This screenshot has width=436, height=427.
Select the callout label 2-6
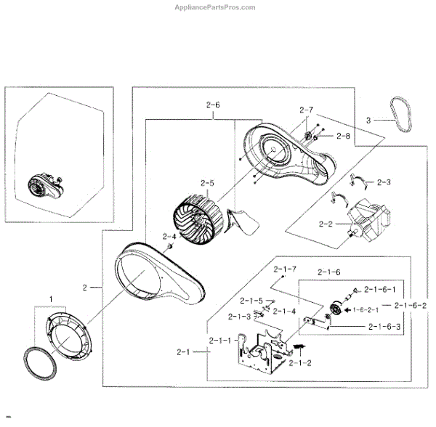(213, 105)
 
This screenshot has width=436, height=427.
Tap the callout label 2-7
(306, 110)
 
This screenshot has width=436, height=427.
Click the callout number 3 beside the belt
(368, 120)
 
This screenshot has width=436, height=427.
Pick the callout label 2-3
(384, 182)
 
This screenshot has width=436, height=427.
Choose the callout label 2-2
(325, 224)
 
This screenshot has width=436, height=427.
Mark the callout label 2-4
(169, 237)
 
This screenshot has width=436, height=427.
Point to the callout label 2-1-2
(300, 362)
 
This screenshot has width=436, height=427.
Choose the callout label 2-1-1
(219, 340)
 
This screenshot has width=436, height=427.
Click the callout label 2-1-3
(239, 316)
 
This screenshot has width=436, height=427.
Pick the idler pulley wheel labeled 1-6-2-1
(336, 311)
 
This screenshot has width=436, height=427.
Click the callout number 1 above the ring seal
(51, 298)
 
